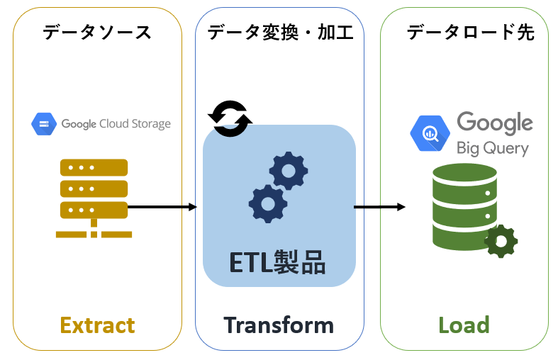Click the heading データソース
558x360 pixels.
coord(97,32)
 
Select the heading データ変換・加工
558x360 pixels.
coord(279,32)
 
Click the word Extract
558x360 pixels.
coord(97,325)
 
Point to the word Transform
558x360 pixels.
coord(279,325)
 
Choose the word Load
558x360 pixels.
coord(464,325)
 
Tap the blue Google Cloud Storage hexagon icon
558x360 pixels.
coord(44,124)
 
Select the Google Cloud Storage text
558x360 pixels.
coord(116,124)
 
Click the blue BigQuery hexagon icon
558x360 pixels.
coord(429,133)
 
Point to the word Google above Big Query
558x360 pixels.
coord(494,123)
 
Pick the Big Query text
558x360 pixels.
coord(492,148)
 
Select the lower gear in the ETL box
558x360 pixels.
coord(268,204)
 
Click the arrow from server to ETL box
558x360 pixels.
coord(162,207)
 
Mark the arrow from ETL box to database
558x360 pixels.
coord(379,207)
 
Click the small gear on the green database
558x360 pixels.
coord(501,242)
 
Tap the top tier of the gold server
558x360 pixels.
coord(94,167)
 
